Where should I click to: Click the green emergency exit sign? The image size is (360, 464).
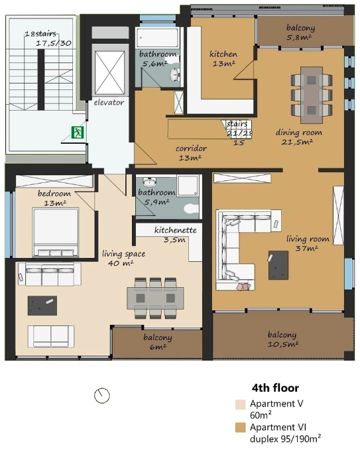point(78,133)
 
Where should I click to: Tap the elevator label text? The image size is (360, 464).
point(109,103)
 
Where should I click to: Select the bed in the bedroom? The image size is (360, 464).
point(56,232)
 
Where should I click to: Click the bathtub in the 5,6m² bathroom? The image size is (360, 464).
point(157,38)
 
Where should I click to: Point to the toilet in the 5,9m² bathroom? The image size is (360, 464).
point(192,209)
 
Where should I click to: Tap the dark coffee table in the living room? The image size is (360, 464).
point(278,265)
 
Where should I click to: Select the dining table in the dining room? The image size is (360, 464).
point(312,95)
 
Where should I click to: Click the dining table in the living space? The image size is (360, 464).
point(155,298)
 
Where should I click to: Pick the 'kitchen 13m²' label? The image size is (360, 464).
point(223,58)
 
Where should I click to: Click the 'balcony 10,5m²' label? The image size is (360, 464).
point(282,339)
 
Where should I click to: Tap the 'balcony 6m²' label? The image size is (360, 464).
point(158,342)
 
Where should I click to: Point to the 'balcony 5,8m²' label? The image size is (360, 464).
point(300,32)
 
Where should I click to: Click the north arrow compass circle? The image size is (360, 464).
point(102,395)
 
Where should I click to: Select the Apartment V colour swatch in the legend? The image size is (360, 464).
point(241,405)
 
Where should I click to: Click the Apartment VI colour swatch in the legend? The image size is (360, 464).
point(241,428)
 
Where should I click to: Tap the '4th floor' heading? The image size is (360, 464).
point(275,388)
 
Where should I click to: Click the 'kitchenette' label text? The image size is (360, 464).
point(176,230)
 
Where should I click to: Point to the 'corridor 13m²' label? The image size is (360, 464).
point(191,152)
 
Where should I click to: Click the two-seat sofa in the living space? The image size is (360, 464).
point(51,337)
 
